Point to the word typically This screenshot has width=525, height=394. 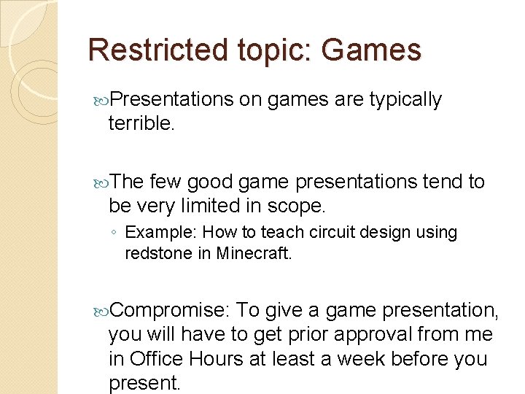[x=405, y=99]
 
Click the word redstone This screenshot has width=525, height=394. [x=155, y=255]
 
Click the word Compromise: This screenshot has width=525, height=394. [x=169, y=311]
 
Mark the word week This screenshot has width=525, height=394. [x=382, y=359]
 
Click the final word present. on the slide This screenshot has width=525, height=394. [x=144, y=384]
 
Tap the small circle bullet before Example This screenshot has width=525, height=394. [x=115, y=233]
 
